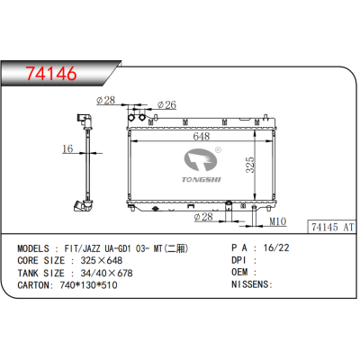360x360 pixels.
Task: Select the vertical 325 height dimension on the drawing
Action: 253,166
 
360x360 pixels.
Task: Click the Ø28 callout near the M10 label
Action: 203,216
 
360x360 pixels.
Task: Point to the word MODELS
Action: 34,247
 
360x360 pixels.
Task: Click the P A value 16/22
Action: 271,247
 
